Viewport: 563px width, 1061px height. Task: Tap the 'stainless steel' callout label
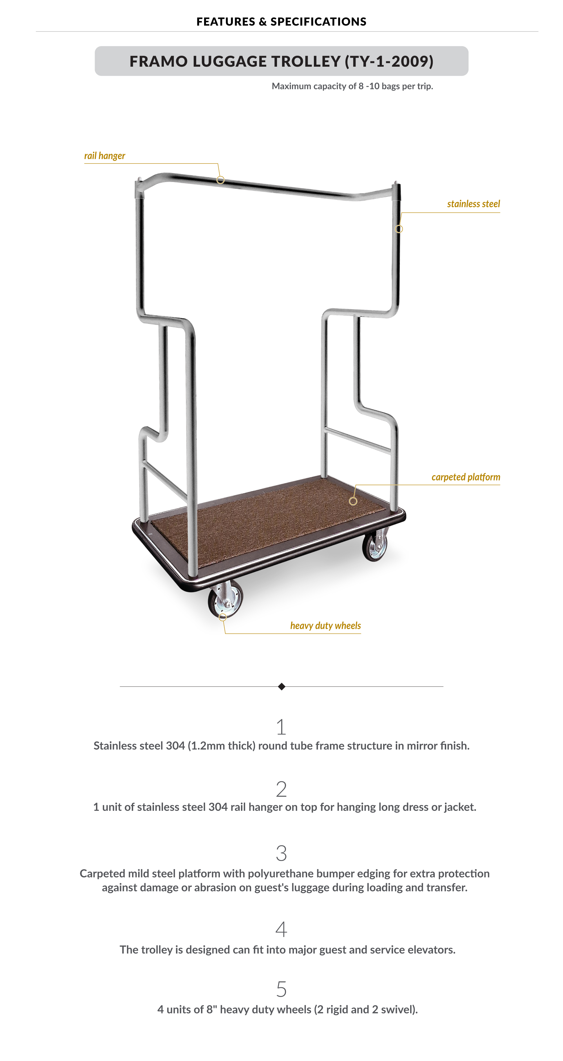[x=473, y=204]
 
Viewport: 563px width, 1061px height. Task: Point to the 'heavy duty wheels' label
[x=325, y=626]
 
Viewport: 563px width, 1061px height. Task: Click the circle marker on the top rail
[x=220, y=180]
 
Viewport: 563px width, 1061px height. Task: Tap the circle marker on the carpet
[x=353, y=501]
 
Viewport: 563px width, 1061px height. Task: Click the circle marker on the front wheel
[x=223, y=617]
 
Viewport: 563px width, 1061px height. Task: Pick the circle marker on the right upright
[x=399, y=229]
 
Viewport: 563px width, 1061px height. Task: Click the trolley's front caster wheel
[x=226, y=599]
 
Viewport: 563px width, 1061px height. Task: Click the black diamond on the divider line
[x=281, y=687]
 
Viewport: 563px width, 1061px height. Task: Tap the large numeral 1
[x=281, y=727]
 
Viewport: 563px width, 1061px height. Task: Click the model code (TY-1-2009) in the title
[x=389, y=61]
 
